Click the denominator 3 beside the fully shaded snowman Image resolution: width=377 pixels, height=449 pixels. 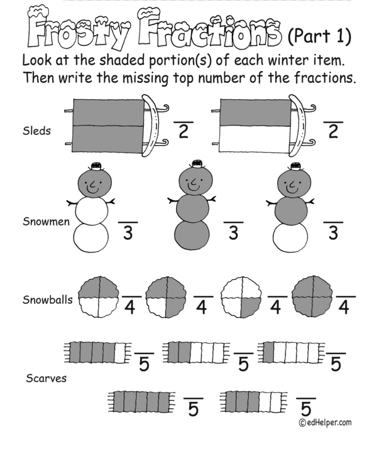coord(234,233)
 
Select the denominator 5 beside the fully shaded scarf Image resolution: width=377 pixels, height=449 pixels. coord(193,409)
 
